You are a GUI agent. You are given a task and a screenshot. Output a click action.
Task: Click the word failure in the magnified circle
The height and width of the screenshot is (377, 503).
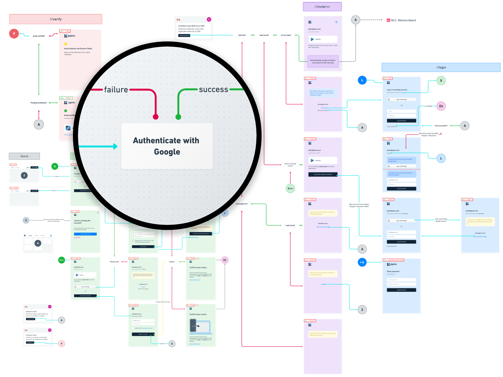pos(116,90)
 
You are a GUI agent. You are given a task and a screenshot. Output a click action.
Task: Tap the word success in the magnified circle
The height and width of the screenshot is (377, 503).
pos(213,90)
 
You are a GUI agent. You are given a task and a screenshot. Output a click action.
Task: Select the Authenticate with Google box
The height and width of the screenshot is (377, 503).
pos(167,146)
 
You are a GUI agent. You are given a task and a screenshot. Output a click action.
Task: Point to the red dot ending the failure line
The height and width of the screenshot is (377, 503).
pos(156,117)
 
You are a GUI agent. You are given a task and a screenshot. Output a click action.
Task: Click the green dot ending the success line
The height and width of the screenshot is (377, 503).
pos(178,117)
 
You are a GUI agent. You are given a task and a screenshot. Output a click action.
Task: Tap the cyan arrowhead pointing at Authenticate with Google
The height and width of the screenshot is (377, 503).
pos(115,146)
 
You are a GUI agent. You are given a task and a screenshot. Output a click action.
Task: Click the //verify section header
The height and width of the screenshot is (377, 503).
pos(56,19)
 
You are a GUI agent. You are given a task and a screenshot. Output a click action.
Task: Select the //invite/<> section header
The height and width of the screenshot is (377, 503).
pos(322,7)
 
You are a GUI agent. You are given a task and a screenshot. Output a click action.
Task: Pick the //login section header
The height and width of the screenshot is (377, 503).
pos(441,68)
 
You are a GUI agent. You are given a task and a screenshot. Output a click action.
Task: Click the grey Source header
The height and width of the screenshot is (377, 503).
pos(24,156)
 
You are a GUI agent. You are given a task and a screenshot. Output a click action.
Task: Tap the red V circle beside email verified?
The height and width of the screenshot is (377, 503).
pos(14,33)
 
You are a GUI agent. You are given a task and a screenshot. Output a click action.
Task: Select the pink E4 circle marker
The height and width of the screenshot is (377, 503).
pos(441,106)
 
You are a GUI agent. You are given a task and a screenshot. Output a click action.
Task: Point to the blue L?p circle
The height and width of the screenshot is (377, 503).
pos(362,262)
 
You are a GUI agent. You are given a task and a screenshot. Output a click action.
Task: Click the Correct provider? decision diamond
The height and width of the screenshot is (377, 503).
pos(441,126)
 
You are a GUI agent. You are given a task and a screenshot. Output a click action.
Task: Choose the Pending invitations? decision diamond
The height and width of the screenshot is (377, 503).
pos(39,103)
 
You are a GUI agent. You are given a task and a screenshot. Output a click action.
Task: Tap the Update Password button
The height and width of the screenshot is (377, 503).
pos(401,290)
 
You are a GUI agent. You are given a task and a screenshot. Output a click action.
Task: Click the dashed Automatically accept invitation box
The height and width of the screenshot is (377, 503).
pos(323,62)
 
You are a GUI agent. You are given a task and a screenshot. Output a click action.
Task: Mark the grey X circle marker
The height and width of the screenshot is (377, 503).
pos(26,221)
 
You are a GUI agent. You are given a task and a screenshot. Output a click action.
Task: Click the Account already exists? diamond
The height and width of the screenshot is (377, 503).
pos(290,165)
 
